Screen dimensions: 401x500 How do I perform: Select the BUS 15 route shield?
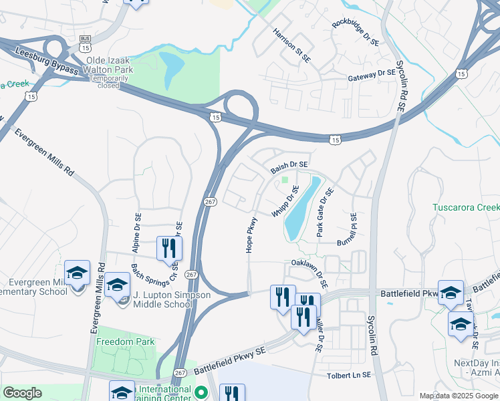[x=85, y=44]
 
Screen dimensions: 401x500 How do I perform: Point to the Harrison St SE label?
[x=291, y=45]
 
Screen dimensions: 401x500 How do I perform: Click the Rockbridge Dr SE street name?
[x=355, y=33]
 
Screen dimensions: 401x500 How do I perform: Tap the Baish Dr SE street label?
[x=289, y=167]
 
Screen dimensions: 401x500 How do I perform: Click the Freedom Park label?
[x=125, y=342]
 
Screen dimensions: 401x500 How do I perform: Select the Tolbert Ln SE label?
[x=348, y=376]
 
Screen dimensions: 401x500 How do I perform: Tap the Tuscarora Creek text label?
[x=466, y=208]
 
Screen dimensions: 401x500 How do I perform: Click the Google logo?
[x=22, y=393]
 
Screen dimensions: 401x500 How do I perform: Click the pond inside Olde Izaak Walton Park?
[x=172, y=66]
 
